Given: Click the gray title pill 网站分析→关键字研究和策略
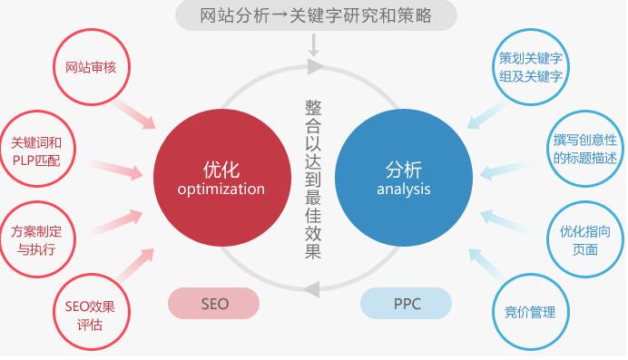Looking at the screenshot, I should coord(315,15).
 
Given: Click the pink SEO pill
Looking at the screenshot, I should coord(213,303).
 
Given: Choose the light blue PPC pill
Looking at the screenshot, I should coord(407,303).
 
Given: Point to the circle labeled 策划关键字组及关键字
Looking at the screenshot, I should coord(530,67).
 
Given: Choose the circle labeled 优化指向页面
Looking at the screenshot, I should coord(584,239).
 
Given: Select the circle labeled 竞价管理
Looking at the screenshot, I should coord(530,313).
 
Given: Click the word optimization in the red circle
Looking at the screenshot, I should coord(221,190).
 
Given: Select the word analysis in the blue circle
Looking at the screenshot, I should coord(404,190).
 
